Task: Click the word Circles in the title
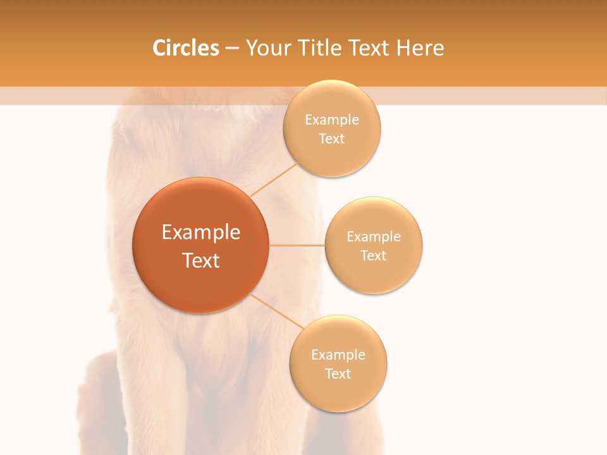tap(185, 48)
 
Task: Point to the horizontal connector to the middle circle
tap(297, 245)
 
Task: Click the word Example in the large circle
tap(201, 233)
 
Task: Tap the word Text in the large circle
tap(201, 260)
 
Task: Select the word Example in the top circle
tap(332, 120)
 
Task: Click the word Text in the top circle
tap(332, 139)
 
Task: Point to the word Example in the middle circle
tap(374, 237)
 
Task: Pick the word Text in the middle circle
tap(374, 256)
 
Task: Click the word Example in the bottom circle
tap(338, 355)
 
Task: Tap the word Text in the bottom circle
tap(338, 374)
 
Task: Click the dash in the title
tap(232, 49)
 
